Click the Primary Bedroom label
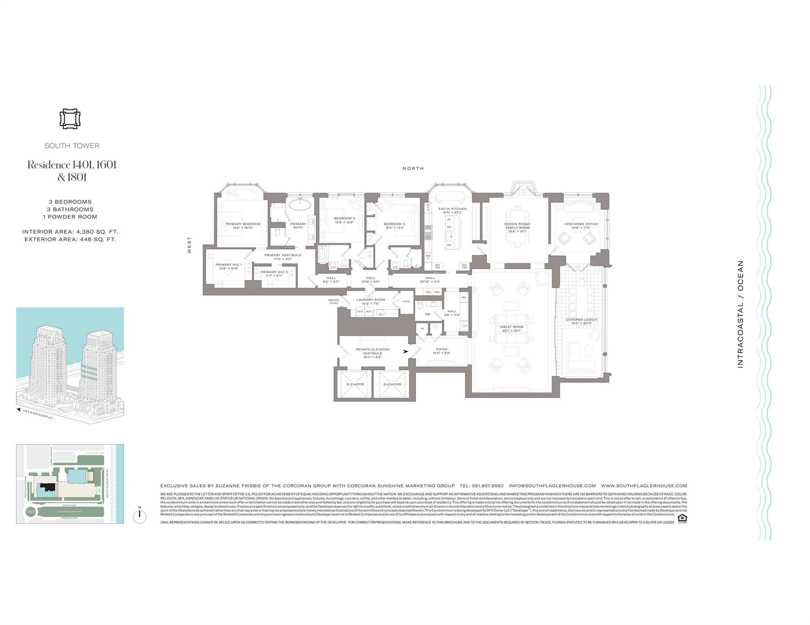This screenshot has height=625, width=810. (243, 226)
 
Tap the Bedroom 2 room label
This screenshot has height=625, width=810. (344, 220)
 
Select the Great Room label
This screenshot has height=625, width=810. (512, 329)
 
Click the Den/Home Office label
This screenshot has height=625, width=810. (581, 226)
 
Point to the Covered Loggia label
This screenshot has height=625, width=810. (581, 321)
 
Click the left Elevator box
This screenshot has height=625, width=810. (355, 384)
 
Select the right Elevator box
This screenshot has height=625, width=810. (392, 384)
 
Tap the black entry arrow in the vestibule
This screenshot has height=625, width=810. (406, 351)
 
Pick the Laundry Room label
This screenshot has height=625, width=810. (371, 301)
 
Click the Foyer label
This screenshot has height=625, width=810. (441, 351)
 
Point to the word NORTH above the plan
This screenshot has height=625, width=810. (413, 168)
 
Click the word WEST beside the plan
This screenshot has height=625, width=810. (189, 245)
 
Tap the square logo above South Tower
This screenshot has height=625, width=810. (70, 119)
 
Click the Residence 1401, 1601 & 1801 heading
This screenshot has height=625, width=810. (72, 171)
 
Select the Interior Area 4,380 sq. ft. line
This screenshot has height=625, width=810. (70, 232)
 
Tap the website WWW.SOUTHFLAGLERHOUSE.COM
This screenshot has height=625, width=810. (644, 486)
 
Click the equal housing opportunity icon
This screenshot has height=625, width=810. (682, 518)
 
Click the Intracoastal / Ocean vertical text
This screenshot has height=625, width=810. (740, 314)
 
